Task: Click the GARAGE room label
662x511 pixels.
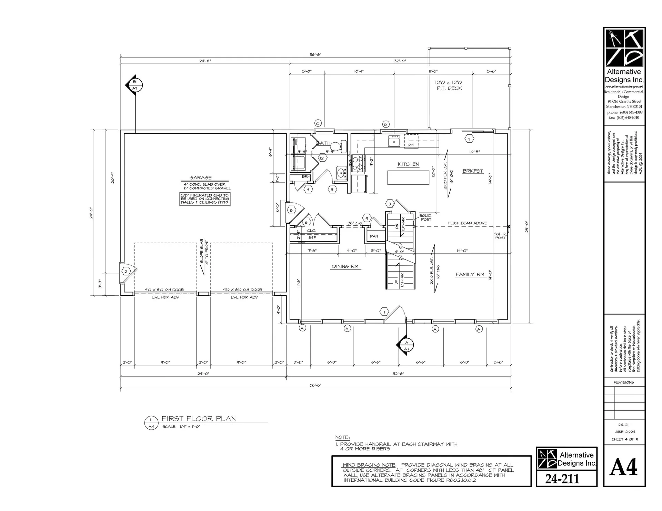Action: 200,178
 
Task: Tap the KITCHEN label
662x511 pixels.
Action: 408,164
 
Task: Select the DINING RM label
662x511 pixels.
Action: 345,266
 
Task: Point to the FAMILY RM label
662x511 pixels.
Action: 470,275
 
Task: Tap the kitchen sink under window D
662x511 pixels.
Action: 393,141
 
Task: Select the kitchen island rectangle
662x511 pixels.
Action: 408,178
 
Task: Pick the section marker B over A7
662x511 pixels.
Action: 134,85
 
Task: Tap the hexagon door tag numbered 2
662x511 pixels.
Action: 126,272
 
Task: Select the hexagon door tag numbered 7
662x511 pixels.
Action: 469,139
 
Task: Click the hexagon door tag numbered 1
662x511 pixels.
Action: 384,312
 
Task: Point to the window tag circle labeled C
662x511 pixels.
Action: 318,123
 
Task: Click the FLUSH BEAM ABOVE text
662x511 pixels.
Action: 467,223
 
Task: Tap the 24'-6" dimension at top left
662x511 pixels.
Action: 205,61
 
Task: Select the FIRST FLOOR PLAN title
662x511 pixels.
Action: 199,419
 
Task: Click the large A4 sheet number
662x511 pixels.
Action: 623,468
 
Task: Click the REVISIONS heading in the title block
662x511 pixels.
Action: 623,382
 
